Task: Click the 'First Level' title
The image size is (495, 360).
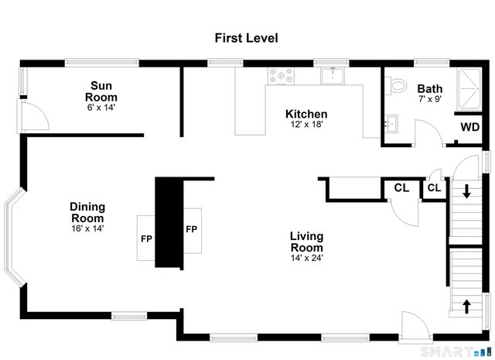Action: tap(246, 37)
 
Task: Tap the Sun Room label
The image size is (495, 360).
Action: tap(103, 91)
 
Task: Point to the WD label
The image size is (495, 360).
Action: tap(469, 127)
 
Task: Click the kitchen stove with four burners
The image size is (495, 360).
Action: tap(279, 76)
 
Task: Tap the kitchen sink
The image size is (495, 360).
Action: tap(333, 76)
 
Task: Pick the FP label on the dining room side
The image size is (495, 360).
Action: tap(145, 238)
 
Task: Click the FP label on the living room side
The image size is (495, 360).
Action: tap(190, 229)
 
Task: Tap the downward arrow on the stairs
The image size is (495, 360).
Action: tap(466, 192)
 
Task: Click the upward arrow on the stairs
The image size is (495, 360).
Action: tap(466, 306)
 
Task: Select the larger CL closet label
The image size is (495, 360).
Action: tap(401, 187)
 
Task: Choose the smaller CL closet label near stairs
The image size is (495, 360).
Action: tap(433, 187)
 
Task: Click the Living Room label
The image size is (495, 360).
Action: tap(306, 242)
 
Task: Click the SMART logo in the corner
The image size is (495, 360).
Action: tap(456, 351)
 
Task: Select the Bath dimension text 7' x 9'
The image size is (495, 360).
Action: tap(429, 100)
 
